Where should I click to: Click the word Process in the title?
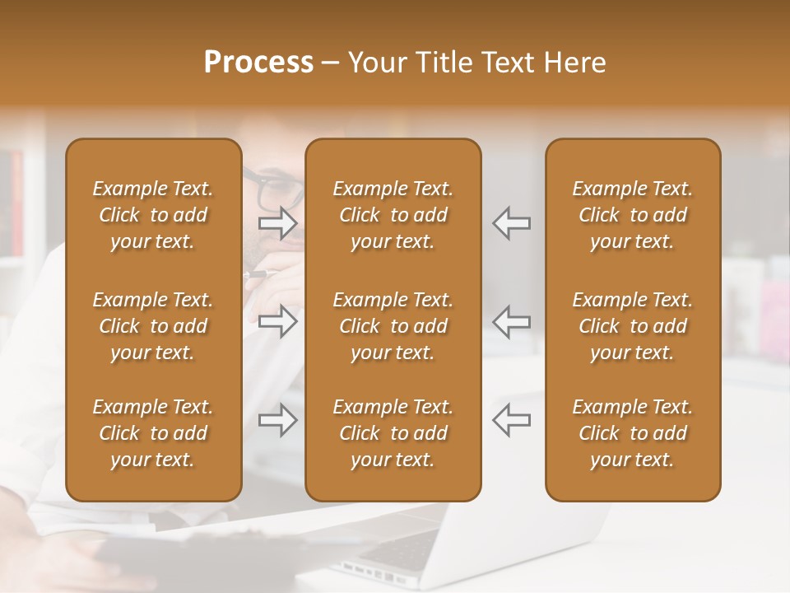point(258,63)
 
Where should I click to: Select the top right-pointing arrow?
point(278,223)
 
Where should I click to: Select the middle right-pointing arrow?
point(278,322)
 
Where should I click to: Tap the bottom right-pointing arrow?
point(278,420)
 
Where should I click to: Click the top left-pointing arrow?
point(511,223)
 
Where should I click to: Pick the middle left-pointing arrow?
point(511,322)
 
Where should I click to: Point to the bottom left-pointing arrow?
point(511,420)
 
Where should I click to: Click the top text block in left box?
point(153,215)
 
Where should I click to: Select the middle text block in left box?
point(153,326)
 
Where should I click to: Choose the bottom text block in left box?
point(153,433)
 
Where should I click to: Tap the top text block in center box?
point(393,215)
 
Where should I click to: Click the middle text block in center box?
point(393,326)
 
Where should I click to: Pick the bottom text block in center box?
point(393,433)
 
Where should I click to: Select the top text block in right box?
point(633,215)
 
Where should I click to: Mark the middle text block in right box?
point(633,326)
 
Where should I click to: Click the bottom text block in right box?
point(633,433)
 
